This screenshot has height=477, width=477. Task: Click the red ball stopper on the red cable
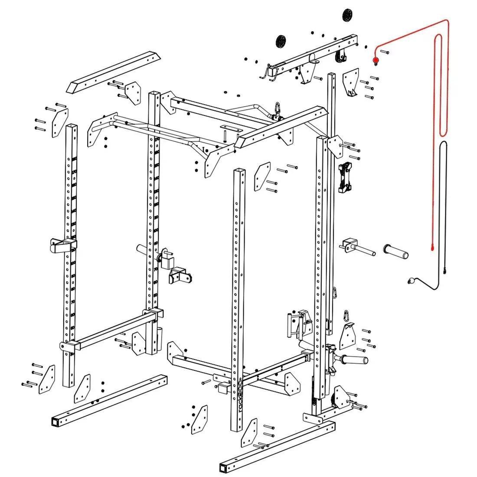coord(376,60)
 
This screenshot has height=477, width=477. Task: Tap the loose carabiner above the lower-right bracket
coord(346,315)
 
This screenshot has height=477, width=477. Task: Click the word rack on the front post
coord(241,408)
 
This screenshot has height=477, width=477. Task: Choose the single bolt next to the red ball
coord(385,52)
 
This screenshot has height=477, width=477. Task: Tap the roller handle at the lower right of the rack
coord(354,359)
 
